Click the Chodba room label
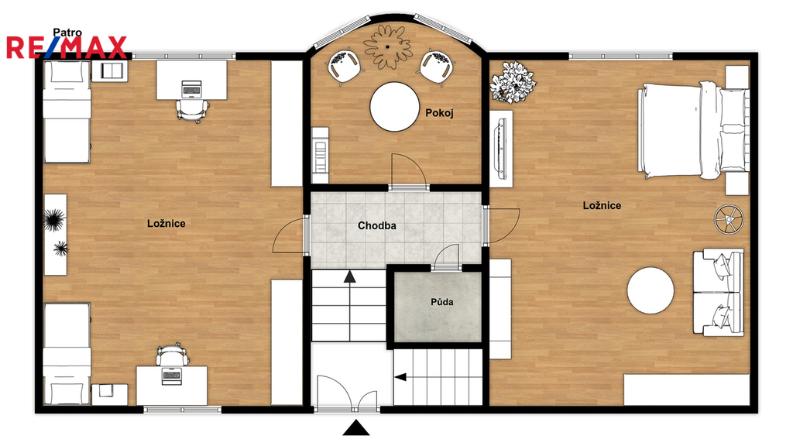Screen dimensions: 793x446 click(x=377, y=225)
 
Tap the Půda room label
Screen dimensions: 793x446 click(x=442, y=302)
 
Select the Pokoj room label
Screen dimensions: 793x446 click(x=439, y=113)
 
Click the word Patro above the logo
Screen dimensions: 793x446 click(x=67, y=33)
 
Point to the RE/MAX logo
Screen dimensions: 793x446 click(x=67, y=47)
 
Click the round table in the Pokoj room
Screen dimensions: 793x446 click(x=394, y=107)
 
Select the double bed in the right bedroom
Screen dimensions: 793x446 click(x=693, y=131)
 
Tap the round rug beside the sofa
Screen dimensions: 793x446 click(x=651, y=291)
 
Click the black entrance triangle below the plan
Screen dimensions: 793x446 click(x=356, y=427)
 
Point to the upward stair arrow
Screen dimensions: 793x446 click(x=349, y=276)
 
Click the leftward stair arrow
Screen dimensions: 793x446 click(x=400, y=377)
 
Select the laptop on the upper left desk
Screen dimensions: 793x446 click(x=191, y=88)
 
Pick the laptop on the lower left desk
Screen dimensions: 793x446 click(x=171, y=376)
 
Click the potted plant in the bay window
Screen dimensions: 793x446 click(x=387, y=46)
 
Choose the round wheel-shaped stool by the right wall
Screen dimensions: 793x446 click(x=729, y=219)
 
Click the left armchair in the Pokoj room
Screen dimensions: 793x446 click(x=345, y=65)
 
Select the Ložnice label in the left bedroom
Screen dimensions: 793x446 click(x=166, y=224)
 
